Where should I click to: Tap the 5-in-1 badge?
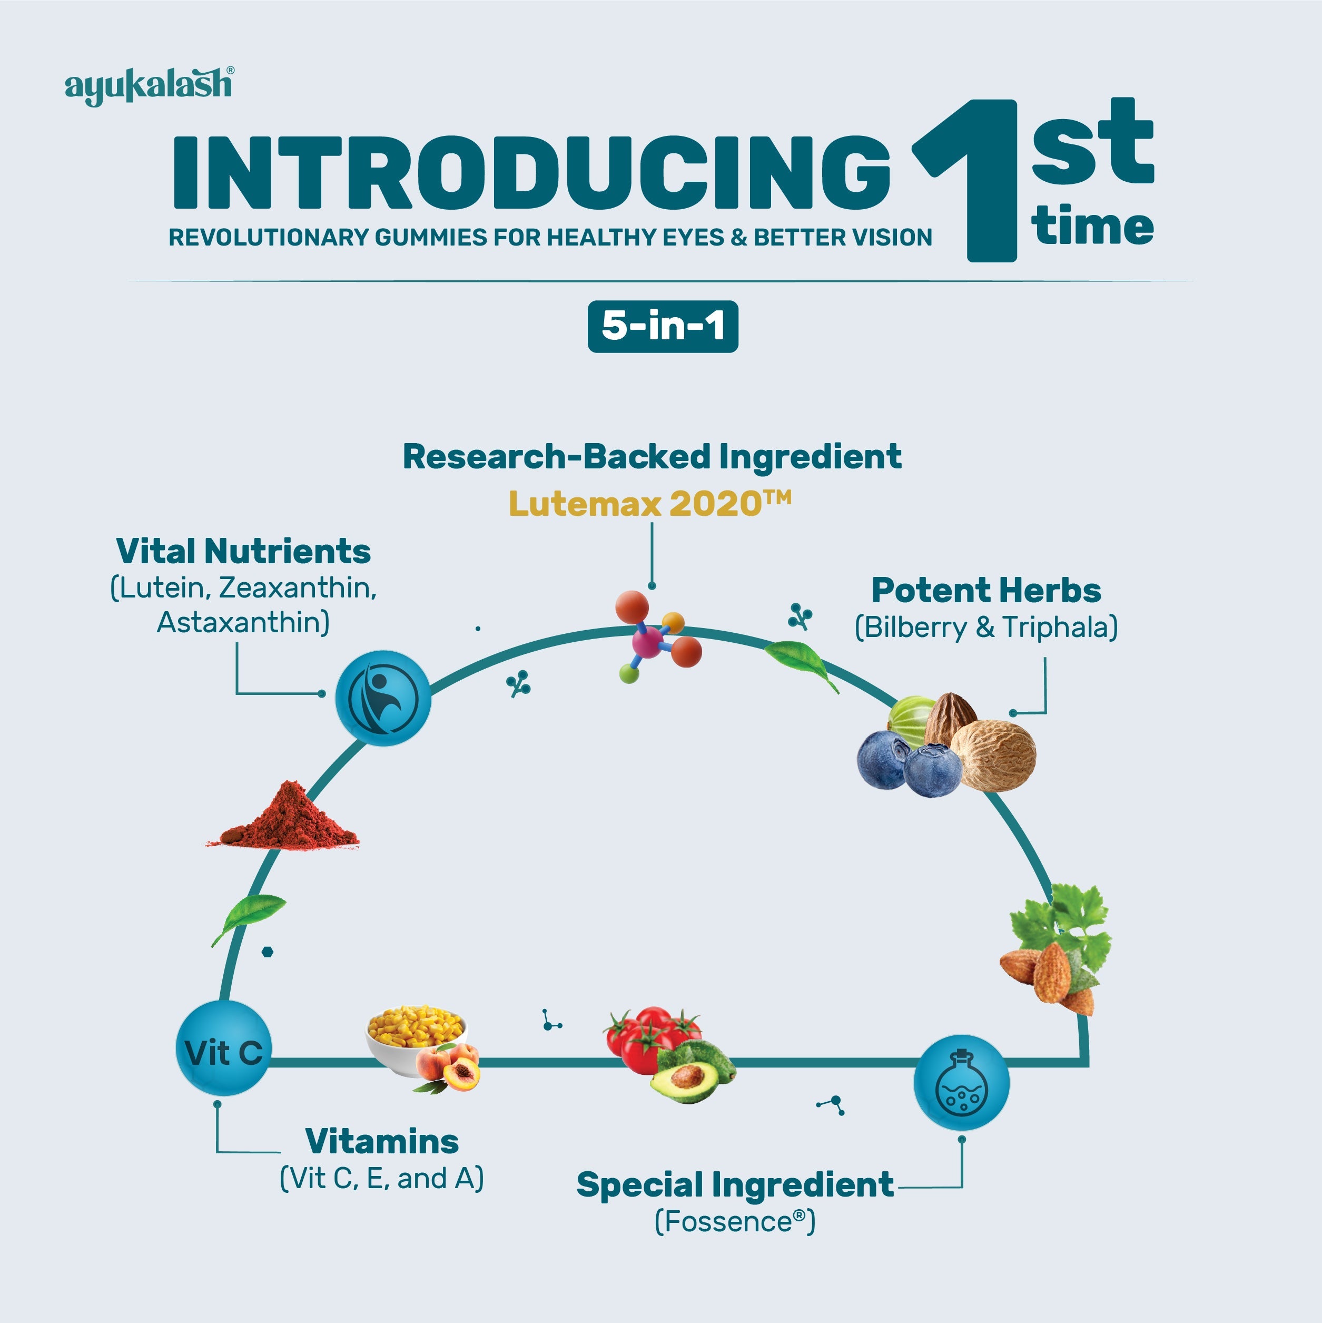(x=662, y=326)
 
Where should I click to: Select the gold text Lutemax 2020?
(x=649, y=504)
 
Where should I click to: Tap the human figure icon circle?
(x=383, y=698)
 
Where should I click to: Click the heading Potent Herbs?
(x=986, y=590)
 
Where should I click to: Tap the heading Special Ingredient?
(x=735, y=1184)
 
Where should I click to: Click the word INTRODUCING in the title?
(x=530, y=173)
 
